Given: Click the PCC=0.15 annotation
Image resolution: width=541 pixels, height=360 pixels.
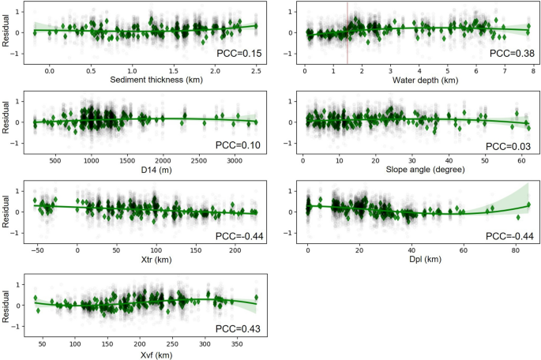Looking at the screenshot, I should click(239, 54).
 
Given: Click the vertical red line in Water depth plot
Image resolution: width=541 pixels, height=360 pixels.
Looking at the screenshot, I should click(348, 32).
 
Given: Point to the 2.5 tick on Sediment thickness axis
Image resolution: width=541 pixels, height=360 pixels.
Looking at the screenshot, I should click(257, 70).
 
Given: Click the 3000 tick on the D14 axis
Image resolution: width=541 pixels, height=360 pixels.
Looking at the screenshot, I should click(235, 161).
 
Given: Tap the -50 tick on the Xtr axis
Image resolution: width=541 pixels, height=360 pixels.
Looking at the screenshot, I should click(36, 251).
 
